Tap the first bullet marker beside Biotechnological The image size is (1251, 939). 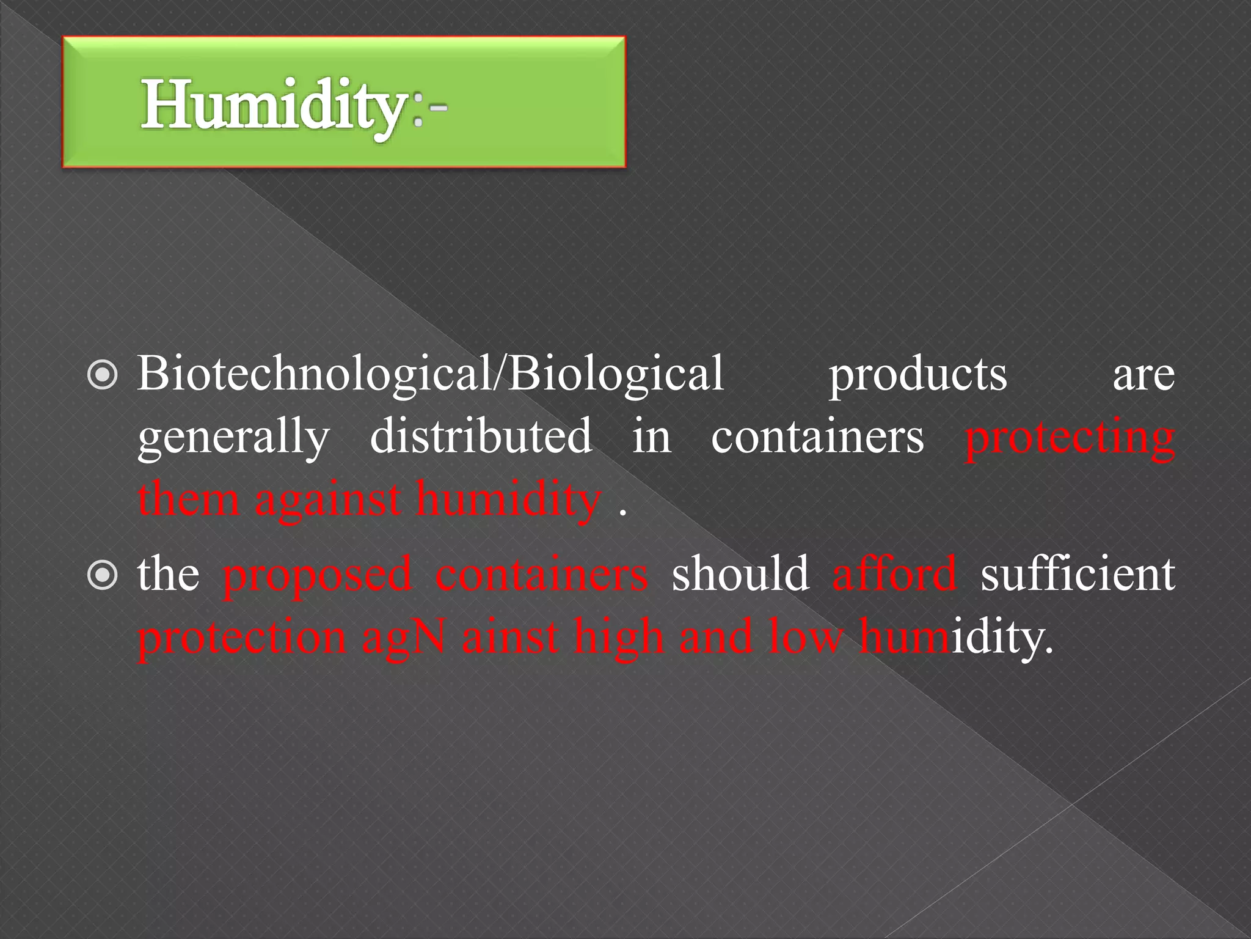[102, 376]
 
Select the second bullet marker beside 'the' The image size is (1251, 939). [102, 575]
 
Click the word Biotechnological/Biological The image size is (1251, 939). [431, 374]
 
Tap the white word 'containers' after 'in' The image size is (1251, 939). [817, 436]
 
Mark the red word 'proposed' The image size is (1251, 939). [318, 576]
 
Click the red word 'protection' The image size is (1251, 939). [242, 638]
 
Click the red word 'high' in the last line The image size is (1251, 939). [618, 638]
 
